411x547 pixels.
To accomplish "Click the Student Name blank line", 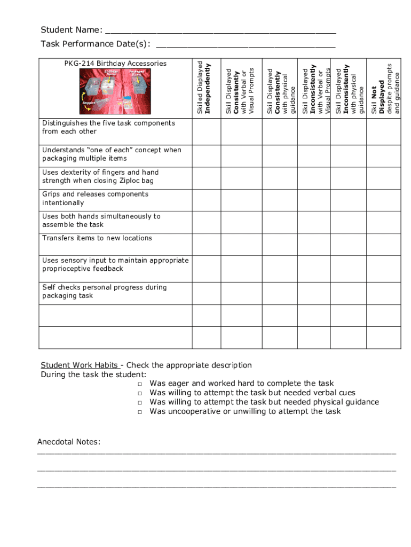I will coord(220,30).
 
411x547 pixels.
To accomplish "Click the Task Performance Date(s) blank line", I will coord(245,44).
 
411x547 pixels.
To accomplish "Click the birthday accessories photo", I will coord(115,91).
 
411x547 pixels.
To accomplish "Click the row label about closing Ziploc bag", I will coord(100,177).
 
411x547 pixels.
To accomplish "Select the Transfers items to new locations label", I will coord(97,238).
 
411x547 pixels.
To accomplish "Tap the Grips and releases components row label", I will coord(95,199).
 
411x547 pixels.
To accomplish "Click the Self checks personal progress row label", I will coord(104,292).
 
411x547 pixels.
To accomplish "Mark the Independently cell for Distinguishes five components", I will coord(207,131).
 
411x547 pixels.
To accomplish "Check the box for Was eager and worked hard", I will coord(139,384).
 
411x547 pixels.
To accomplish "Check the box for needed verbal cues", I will coord(139,393).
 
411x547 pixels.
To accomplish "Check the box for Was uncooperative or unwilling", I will coord(139,412).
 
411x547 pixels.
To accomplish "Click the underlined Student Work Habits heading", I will coord(80,365).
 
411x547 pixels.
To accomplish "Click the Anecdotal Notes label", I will coord(69,442).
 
